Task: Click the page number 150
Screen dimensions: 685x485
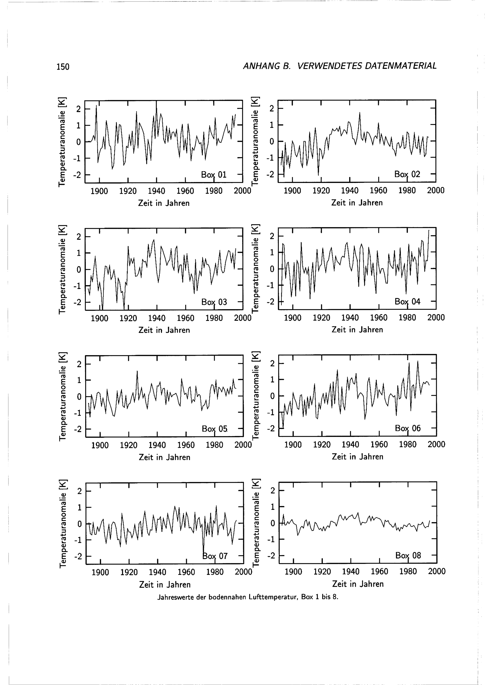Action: (x=63, y=67)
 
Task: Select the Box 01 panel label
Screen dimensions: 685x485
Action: (x=214, y=175)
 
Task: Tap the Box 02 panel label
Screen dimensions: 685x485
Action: (x=407, y=174)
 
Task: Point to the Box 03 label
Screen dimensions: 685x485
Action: (x=214, y=302)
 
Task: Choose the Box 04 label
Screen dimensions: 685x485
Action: (x=407, y=302)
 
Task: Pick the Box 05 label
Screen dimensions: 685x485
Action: (x=214, y=429)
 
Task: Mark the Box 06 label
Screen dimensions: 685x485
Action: (x=408, y=428)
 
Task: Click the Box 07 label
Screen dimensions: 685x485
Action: (x=215, y=556)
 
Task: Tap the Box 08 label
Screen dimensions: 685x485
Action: (x=408, y=555)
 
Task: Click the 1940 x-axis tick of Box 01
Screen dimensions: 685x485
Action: (x=156, y=191)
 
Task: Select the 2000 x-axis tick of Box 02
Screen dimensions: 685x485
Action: (x=436, y=191)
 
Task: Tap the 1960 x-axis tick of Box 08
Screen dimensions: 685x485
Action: (x=379, y=572)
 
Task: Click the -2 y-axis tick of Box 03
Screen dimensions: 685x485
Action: (x=78, y=302)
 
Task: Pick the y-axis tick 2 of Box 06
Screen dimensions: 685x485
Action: (x=272, y=363)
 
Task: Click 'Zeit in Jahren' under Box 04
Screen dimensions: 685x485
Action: (x=357, y=330)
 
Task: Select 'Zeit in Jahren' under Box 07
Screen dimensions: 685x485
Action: (x=165, y=585)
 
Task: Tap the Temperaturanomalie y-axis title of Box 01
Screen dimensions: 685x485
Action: (x=62, y=142)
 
